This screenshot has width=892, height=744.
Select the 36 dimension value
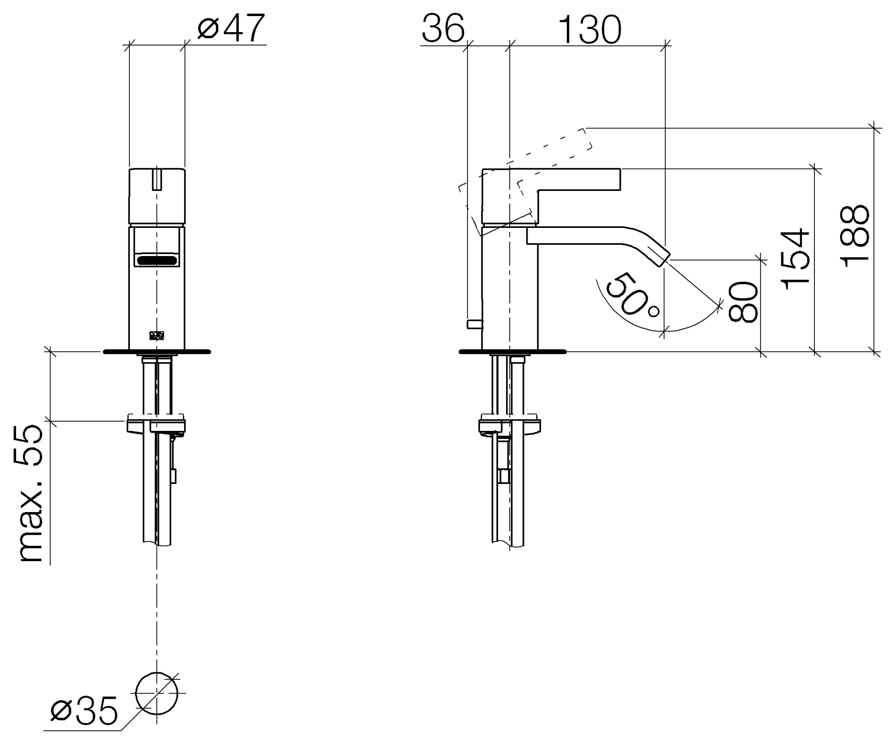point(443,29)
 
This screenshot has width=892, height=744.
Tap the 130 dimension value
point(590,29)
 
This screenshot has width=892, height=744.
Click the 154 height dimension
point(796,259)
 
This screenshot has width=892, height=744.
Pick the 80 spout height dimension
point(743,302)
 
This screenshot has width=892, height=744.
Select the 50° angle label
point(630,297)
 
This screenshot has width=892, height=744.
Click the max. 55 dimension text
point(31,494)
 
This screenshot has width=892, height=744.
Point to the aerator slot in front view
point(157,260)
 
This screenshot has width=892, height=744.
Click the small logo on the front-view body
point(157,335)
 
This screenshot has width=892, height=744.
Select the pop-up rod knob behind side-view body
point(475,324)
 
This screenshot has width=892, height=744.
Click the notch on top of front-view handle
point(157,179)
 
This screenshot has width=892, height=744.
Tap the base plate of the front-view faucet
point(157,352)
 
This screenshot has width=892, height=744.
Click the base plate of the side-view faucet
point(512,352)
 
